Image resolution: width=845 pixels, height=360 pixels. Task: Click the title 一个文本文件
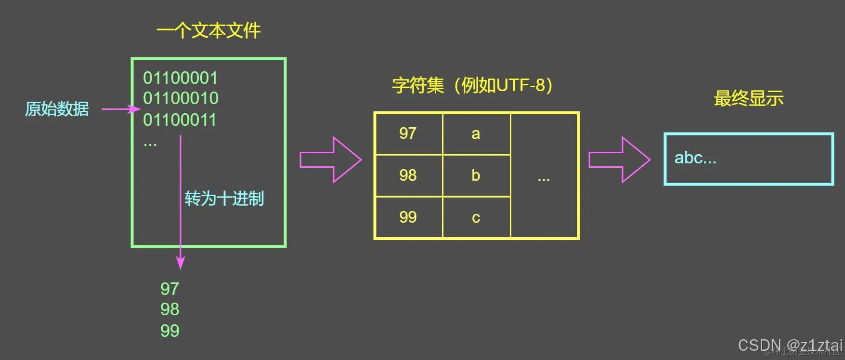pyautogui.click(x=208, y=31)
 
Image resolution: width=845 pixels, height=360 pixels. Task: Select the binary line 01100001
pyautogui.click(x=181, y=78)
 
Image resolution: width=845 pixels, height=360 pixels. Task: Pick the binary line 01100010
pyautogui.click(x=181, y=98)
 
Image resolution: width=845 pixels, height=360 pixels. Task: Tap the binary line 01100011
pyautogui.click(x=180, y=120)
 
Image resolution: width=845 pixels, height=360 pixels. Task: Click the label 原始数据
pyautogui.click(x=57, y=109)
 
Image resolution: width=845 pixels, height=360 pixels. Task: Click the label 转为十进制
pyautogui.click(x=224, y=199)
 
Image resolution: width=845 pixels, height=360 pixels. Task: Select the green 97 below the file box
pyautogui.click(x=169, y=289)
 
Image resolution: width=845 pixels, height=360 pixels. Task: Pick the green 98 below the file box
pyautogui.click(x=169, y=309)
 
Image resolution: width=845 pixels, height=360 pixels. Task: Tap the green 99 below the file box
pyautogui.click(x=169, y=331)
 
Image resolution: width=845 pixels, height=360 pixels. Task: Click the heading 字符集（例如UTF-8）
pyautogui.click(x=472, y=85)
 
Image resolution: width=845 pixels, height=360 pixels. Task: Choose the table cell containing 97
pyautogui.click(x=408, y=133)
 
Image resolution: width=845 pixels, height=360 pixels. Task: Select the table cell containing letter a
pyautogui.click(x=476, y=133)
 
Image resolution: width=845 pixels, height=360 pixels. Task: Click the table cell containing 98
pyautogui.click(x=408, y=175)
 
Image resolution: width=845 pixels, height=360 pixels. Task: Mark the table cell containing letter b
pyautogui.click(x=476, y=175)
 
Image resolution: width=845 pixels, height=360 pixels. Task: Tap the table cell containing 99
pyautogui.click(x=408, y=217)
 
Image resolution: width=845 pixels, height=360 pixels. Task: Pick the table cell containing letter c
pyautogui.click(x=476, y=217)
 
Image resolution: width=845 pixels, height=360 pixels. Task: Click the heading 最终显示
pyautogui.click(x=749, y=98)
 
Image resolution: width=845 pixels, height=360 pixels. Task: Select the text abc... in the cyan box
pyautogui.click(x=695, y=158)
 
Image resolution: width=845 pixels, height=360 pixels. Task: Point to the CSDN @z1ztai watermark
pyautogui.click(x=790, y=345)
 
